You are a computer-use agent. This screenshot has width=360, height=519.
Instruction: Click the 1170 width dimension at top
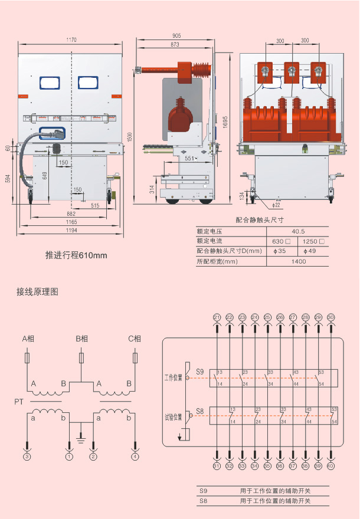click(x=71, y=40)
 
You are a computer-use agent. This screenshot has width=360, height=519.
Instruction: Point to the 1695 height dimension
click(x=225, y=117)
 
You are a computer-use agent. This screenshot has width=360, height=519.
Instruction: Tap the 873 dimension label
click(x=175, y=45)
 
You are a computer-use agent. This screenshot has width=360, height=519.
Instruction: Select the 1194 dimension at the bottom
click(x=71, y=229)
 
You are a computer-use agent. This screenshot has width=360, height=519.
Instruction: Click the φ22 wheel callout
click(x=276, y=205)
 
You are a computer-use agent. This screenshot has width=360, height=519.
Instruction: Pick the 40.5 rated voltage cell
click(x=299, y=231)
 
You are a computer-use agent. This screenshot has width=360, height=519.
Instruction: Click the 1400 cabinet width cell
click(x=299, y=261)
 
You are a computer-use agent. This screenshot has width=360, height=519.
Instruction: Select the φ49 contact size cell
click(x=314, y=251)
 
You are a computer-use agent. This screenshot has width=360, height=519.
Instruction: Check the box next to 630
click(x=288, y=241)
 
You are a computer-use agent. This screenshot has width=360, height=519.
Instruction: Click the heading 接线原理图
click(x=37, y=291)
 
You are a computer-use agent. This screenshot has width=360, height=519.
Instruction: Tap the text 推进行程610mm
click(x=76, y=255)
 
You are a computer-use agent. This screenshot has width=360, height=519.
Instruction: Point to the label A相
click(x=28, y=339)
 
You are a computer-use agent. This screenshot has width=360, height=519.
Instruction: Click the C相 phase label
click(x=135, y=339)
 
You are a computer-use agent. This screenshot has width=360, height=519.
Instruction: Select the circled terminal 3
click(x=27, y=456)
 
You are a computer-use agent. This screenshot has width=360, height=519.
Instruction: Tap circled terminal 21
click(x=217, y=318)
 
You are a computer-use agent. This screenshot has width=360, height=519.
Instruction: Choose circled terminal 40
click(x=330, y=466)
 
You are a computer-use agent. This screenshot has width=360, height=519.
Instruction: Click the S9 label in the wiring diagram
click(x=199, y=372)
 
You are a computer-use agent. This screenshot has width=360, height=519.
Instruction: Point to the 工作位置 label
click(x=174, y=377)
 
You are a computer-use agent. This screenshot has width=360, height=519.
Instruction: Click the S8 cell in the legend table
click(x=204, y=501)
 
